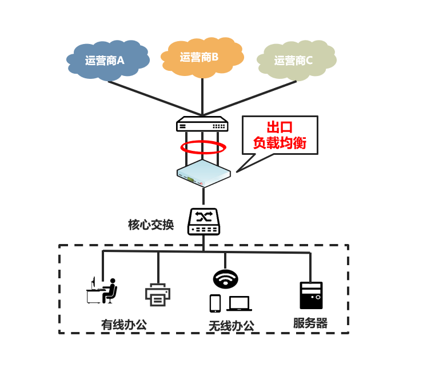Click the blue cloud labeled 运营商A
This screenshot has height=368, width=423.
(x=107, y=59)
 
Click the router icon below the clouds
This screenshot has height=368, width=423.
(x=202, y=125)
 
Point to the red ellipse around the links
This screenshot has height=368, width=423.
(x=203, y=147)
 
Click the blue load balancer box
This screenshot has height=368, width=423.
(x=203, y=173)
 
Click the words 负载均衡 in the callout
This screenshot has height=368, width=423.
(x=280, y=143)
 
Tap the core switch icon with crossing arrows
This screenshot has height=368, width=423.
(x=203, y=221)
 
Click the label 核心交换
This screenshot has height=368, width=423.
(x=151, y=225)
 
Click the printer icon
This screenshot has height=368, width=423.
(x=157, y=294)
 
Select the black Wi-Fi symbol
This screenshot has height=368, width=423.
(x=225, y=279)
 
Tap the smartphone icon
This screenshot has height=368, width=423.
(x=215, y=303)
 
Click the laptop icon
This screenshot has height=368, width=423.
(x=239, y=303)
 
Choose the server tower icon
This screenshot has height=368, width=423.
(x=311, y=295)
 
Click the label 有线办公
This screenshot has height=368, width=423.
(x=124, y=325)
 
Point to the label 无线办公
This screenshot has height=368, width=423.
(x=231, y=326)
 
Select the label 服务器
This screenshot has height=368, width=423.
(x=310, y=323)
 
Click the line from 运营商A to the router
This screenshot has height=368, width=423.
(x=154, y=98)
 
